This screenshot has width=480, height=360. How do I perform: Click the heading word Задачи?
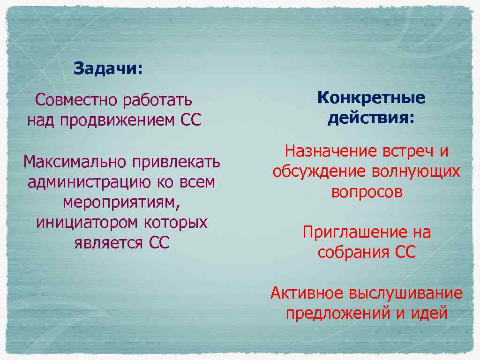pyautogui.click(x=108, y=69)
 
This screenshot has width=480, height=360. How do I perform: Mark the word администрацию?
pyautogui.click(x=89, y=182)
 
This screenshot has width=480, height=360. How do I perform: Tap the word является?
pyautogui.click(x=108, y=243)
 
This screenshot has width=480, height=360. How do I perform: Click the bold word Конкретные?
pyautogui.click(x=371, y=98)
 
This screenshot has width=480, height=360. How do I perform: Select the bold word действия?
pyautogui.click(x=371, y=118)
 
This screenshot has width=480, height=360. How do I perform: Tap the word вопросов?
pyautogui.click(x=367, y=192)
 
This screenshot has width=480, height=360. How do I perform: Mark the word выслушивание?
pyautogui.click(x=405, y=293)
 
